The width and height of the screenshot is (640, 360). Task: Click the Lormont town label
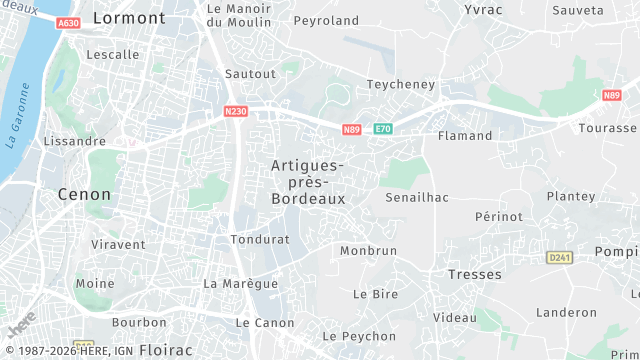pos(129,18)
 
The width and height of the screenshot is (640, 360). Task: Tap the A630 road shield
pos(68,23)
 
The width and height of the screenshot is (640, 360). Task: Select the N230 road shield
pos(236,111)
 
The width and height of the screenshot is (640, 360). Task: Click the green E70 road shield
pos(383,129)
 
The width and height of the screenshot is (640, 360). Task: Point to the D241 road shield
pos(559,257)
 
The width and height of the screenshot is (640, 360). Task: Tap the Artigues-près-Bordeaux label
pos(308,182)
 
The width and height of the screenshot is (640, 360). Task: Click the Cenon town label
pos(85,194)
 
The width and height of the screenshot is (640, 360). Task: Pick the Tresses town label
pos(474,274)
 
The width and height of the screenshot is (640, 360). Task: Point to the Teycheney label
pos(402,84)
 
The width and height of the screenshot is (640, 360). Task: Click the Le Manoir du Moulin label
pos(239,15)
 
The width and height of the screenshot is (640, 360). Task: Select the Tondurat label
pos(259,240)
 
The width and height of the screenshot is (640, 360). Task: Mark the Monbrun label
pos(368,251)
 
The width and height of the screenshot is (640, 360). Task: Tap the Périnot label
pos(498,216)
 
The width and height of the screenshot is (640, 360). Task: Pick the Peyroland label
pos(326,20)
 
